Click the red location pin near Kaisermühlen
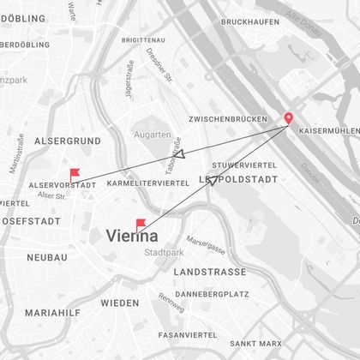click(288, 119)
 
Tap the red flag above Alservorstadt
click(75, 173)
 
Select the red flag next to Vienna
click(141, 225)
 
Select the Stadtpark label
click(162, 253)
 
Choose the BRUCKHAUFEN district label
click(250, 21)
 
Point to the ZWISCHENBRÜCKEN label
click(228, 120)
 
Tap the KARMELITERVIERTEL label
click(149, 183)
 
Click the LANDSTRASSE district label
click(209, 272)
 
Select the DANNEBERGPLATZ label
click(212, 293)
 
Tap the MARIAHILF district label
click(52, 313)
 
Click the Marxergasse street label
click(206, 247)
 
